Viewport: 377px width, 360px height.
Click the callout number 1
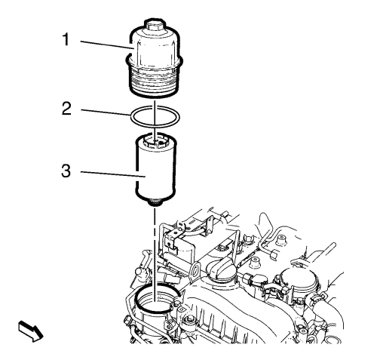[66, 40]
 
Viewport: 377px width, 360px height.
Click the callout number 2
[66, 109]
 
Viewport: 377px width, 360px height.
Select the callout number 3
[66, 171]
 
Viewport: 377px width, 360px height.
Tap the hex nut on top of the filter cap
[155, 25]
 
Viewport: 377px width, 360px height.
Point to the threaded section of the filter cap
[155, 81]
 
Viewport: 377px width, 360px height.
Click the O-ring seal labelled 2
[155, 117]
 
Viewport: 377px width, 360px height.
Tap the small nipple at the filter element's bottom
[155, 202]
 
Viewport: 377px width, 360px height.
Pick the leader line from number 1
[106, 45]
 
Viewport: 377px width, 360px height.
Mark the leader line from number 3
[113, 174]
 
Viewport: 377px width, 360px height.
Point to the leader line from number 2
[106, 112]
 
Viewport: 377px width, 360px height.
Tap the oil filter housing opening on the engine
[157, 299]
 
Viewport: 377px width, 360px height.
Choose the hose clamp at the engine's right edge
[317, 299]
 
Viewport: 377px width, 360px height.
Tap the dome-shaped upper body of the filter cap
[155, 48]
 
